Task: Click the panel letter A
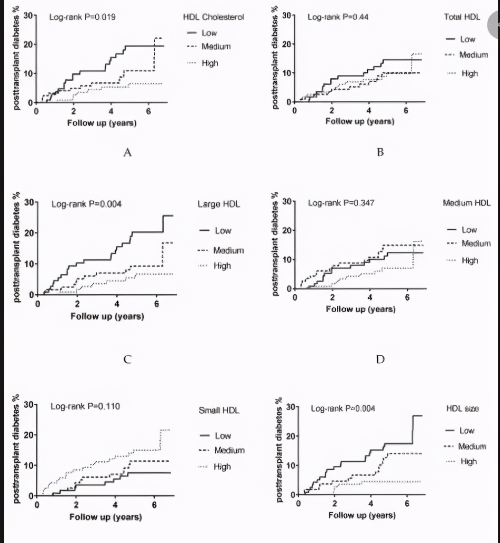(127, 152)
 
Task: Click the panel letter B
(380, 152)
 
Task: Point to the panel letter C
(127, 359)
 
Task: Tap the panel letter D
(380, 359)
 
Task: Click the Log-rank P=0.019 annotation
(83, 17)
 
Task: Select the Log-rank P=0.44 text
(338, 17)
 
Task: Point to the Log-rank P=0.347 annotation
(340, 203)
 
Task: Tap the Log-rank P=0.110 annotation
(85, 407)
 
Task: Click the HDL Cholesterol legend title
(213, 17)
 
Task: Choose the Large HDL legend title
(219, 204)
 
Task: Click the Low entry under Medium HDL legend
(469, 229)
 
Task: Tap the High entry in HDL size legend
(469, 461)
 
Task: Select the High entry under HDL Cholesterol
(210, 63)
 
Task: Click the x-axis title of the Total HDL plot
(360, 121)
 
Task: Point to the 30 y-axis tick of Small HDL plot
(27, 405)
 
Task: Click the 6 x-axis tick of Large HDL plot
(156, 304)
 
